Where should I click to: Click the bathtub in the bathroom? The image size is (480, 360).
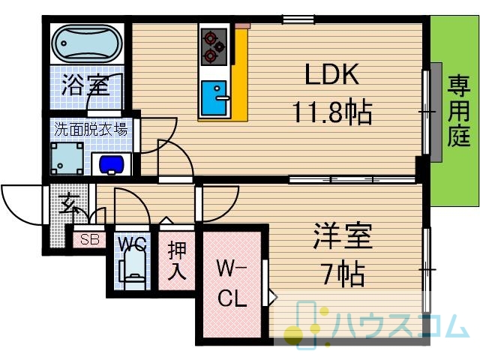[87, 43]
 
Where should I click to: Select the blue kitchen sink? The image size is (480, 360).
[214, 97]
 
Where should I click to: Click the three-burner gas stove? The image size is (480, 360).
[214, 46]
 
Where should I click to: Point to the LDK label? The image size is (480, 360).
[332, 74]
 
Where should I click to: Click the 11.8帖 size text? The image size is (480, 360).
[332, 112]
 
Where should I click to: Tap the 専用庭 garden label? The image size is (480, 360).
[459, 111]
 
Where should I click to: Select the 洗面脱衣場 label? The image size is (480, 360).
[91, 129]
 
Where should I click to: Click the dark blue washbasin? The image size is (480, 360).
[112, 165]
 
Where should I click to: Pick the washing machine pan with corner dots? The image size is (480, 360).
[67, 158]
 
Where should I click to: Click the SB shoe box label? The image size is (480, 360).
[90, 239]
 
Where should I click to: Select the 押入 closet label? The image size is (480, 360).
[177, 260]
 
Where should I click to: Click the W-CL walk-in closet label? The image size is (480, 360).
[232, 283]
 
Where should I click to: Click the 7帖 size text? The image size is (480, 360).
[343, 273]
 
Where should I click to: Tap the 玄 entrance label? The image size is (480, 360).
[70, 205]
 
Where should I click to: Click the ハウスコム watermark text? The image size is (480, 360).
[401, 326]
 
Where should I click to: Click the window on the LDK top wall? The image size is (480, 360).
[298, 19]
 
